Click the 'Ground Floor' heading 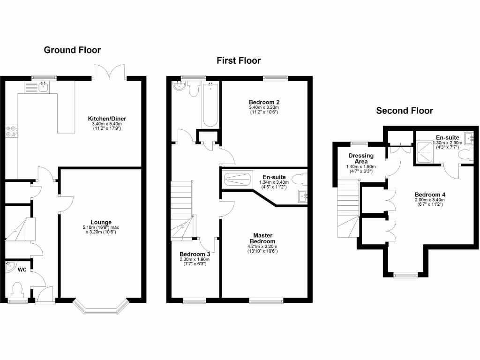click(x=72, y=50)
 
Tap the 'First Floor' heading click(x=239, y=60)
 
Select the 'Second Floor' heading click(x=405, y=111)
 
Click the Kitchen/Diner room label click(x=107, y=119)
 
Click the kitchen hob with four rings click(x=11, y=132)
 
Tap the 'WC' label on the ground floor click(x=22, y=270)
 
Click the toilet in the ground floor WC click(x=18, y=289)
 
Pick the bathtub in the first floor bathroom click(x=210, y=104)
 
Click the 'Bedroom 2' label click(x=263, y=102)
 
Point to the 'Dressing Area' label click(x=361, y=158)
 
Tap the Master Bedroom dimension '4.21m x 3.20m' click(x=263, y=247)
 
